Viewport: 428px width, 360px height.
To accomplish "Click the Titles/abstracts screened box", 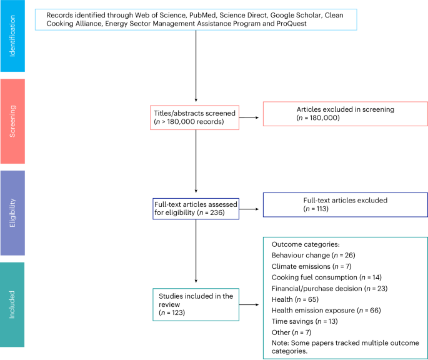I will click(x=196, y=117).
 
